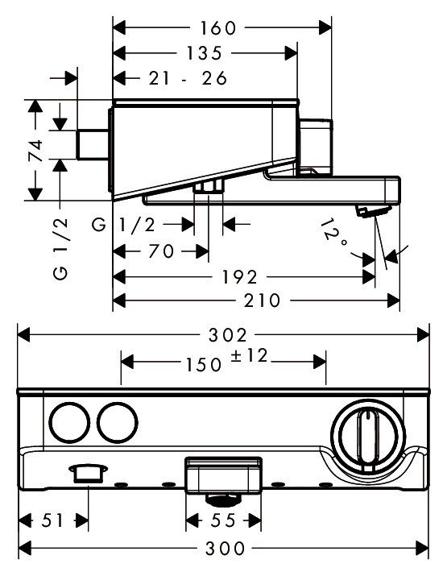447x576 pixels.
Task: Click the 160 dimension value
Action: (217, 28)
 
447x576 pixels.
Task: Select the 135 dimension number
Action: (205, 53)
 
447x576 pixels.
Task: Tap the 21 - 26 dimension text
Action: (188, 78)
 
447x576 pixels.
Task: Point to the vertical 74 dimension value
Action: (35, 151)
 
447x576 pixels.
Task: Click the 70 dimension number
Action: (161, 251)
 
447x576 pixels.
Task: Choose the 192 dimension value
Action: (240, 277)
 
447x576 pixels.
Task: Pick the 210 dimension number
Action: (262, 300)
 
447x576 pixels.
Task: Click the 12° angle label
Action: (333, 234)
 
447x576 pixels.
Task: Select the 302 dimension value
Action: (228, 335)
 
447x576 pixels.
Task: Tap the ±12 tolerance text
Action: (249, 355)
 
